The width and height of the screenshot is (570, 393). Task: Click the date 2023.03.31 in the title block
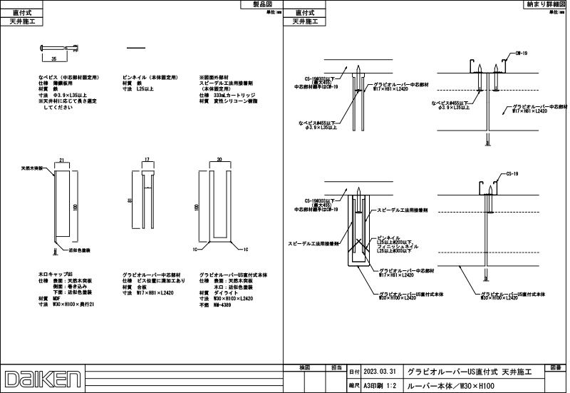tap(378, 372)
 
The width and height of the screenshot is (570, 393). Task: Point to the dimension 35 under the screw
tap(53, 56)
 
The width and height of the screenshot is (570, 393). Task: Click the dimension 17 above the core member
tap(147, 160)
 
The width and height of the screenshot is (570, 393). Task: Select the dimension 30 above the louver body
tap(219, 160)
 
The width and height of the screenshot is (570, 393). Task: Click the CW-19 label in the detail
tap(521, 53)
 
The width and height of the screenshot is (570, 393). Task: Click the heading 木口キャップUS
tap(60, 274)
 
